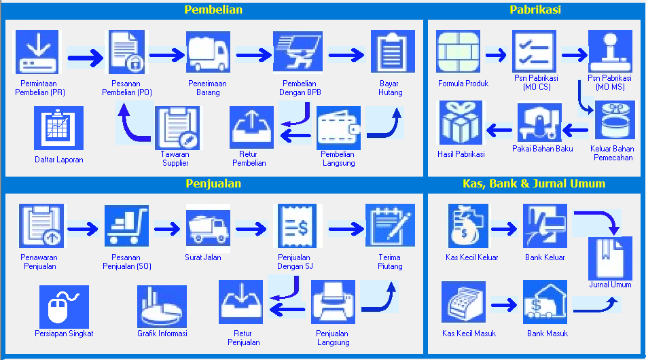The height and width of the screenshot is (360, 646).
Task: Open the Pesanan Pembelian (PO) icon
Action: [x=126, y=53]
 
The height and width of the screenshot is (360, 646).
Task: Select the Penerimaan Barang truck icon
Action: [x=208, y=53]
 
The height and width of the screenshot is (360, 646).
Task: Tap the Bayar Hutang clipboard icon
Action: [x=391, y=53]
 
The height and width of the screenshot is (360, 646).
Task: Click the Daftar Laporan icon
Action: [x=58, y=128]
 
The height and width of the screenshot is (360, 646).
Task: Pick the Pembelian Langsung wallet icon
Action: [x=338, y=128]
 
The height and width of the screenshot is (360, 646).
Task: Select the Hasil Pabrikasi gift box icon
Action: [x=461, y=123]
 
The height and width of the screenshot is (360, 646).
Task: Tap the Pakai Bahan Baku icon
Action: [x=540, y=123]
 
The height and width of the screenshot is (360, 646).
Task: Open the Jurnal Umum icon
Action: [x=609, y=258]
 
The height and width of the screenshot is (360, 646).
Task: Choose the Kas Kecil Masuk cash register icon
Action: [x=464, y=303]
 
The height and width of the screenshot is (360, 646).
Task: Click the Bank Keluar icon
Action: [x=545, y=227]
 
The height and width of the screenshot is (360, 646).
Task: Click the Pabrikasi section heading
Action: [x=535, y=10]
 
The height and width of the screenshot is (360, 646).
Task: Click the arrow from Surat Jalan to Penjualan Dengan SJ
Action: [x=251, y=229]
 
